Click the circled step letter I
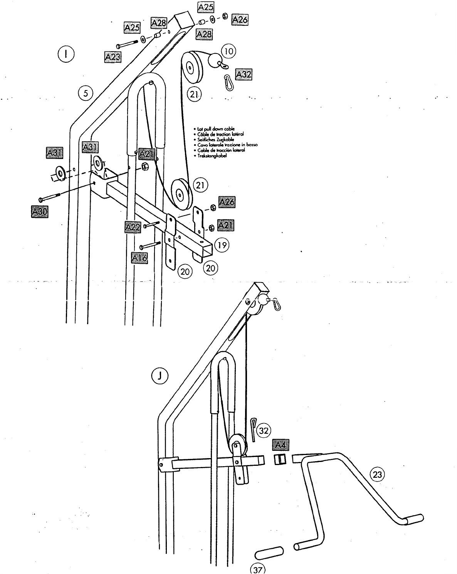tap(66, 54)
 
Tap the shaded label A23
tap(113, 57)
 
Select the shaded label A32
tap(244, 74)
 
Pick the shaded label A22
tap(133, 227)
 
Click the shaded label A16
tap(139, 258)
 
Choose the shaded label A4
tap(281, 445)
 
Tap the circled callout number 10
tap(228, 51)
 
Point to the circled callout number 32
tap(264, 430)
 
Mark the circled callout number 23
tap(377, 474)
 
